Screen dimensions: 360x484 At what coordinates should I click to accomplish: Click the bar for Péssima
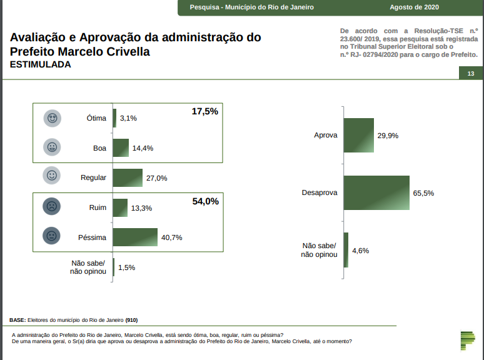pos(136,237)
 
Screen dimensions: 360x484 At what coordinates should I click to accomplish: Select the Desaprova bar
pos(376,192)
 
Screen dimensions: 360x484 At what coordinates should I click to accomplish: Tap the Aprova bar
pos(359,135)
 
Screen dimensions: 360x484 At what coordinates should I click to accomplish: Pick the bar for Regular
pos(128,177)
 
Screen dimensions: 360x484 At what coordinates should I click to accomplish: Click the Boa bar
pos(121,148)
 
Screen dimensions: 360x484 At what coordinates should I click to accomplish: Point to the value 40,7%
pos(172,237)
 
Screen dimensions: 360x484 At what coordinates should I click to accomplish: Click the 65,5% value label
pos(423,193)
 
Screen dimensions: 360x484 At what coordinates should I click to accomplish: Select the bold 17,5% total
pos(204,111)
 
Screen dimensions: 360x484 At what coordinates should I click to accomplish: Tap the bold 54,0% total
pos(204,201)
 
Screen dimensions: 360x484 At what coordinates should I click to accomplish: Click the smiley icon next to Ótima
pos(52,118)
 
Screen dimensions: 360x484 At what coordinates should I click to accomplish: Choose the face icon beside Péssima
pos(52,237)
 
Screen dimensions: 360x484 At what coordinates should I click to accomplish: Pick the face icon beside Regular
pos(52,177)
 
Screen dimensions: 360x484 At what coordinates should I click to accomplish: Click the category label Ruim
pos(98,207)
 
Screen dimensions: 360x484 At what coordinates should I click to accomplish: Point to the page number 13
pos(470,74)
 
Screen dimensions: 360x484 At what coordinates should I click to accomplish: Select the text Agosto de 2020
pos(414,7)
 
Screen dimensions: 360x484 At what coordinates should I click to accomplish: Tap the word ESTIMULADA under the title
pos(40,64)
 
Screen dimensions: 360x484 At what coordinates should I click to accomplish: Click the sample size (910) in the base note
pos(131,320)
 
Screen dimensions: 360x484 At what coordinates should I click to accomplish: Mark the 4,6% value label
pos(361,251)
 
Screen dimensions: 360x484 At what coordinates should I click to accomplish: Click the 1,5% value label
pos(127,267)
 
